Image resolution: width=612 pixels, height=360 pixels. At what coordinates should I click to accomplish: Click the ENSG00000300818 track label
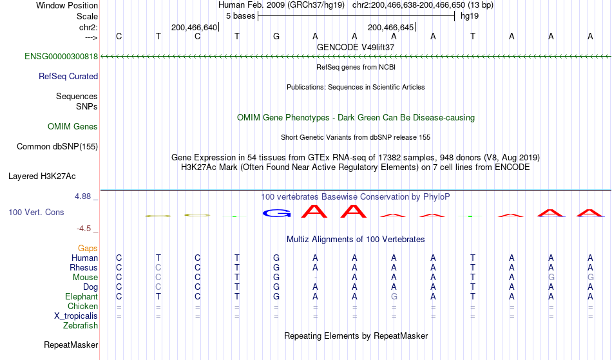point(61,57)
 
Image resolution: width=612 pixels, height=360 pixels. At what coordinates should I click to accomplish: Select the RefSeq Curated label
point(68,77)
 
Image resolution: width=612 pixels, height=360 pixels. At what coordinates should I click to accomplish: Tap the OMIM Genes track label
point(73,127)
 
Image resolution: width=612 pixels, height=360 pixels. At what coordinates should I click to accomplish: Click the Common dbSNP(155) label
point(57,147)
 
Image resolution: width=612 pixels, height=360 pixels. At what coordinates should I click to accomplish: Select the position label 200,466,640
point(194,28)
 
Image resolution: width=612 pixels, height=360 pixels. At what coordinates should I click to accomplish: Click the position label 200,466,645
point(390,28)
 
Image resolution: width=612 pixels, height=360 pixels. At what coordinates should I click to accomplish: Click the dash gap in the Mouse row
point(315,278)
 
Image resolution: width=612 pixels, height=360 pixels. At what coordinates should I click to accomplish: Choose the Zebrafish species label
point(81,326)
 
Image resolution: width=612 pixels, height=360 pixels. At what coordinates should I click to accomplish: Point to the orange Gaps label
point(88,249)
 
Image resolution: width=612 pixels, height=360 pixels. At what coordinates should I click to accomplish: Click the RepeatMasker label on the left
point(70,345)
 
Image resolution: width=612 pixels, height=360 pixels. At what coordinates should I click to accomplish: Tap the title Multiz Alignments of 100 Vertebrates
point(356,240)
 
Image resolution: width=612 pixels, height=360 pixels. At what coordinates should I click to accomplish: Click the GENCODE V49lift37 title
point(356,47)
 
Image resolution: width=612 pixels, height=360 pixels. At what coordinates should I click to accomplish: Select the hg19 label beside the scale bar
point(468,16)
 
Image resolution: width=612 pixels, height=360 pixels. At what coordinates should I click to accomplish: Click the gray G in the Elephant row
point(394,297)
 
